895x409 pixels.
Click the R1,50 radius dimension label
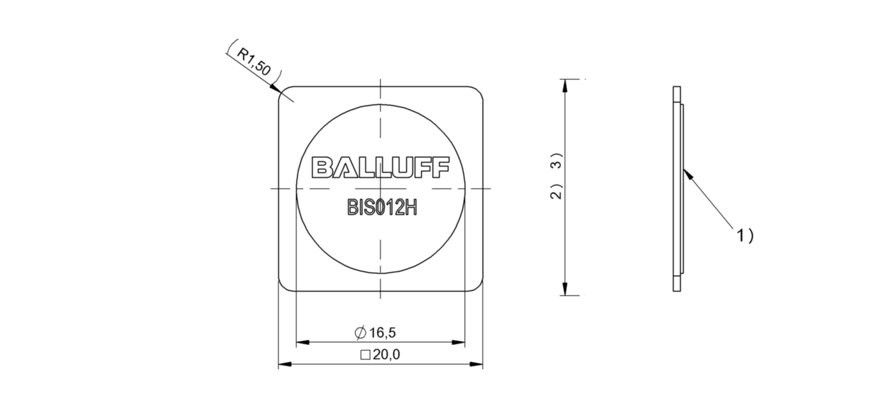(254, 62)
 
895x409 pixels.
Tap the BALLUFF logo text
(380, 167)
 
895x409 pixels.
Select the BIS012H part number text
(383, 207)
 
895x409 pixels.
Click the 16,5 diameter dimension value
(383, 333)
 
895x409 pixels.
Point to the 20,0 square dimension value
(387, 355)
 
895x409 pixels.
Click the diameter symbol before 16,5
(361, 333)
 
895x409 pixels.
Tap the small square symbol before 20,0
(365, 355)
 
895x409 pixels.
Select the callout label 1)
(745, 236)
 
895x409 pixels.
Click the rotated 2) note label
(556, 192)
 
